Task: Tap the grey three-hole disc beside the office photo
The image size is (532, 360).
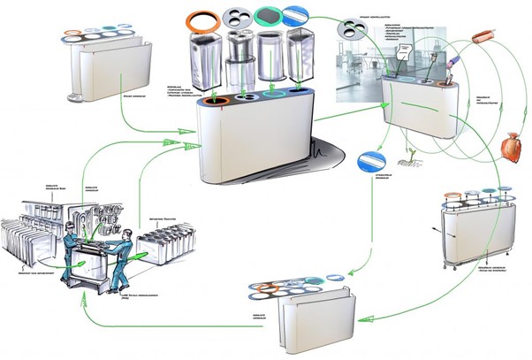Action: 352,31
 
